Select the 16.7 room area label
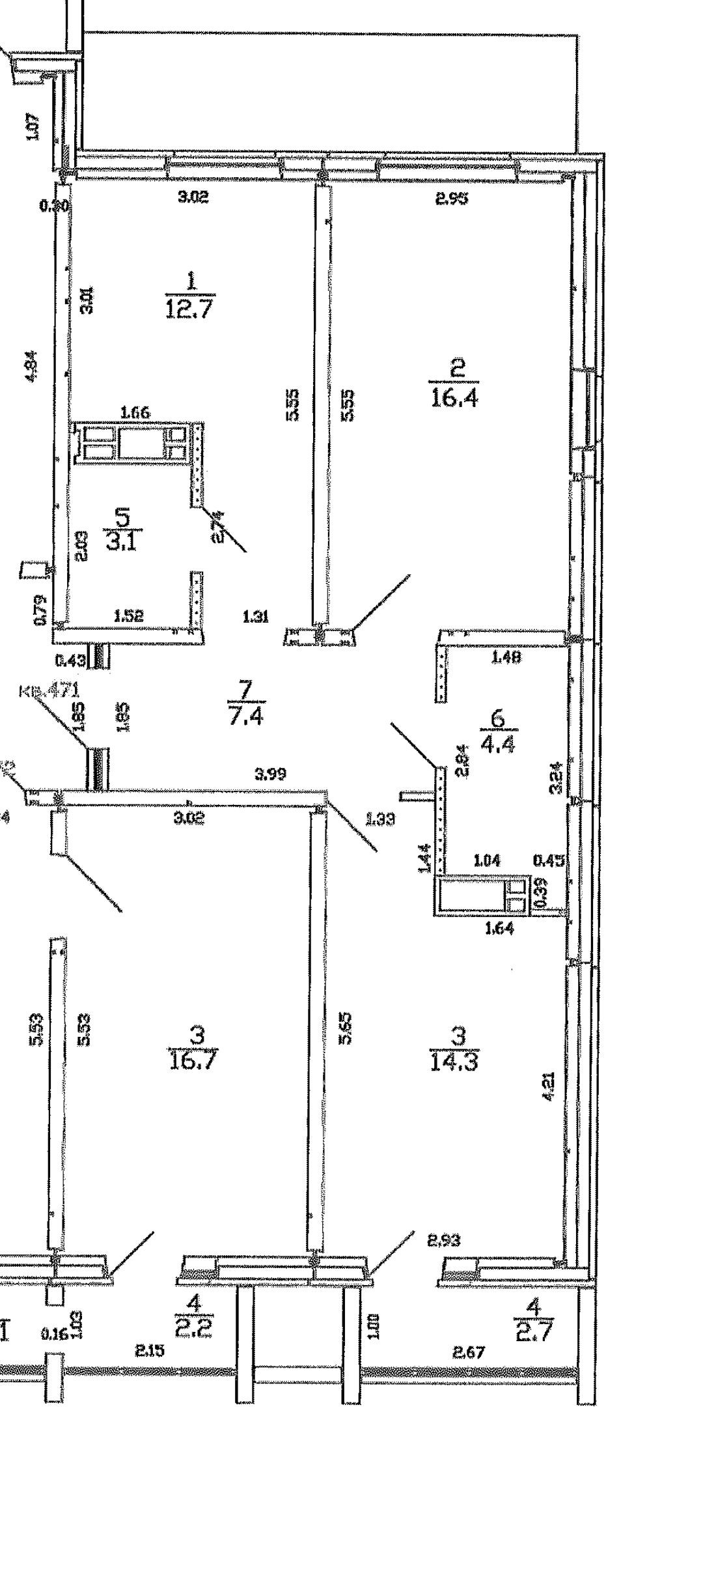193,1060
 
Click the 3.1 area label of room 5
121,540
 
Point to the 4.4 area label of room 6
499,743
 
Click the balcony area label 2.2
194,1326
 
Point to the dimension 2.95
452,198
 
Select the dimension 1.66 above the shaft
136,412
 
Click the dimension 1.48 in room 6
506,657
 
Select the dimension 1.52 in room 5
128,616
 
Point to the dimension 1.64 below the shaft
500,929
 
